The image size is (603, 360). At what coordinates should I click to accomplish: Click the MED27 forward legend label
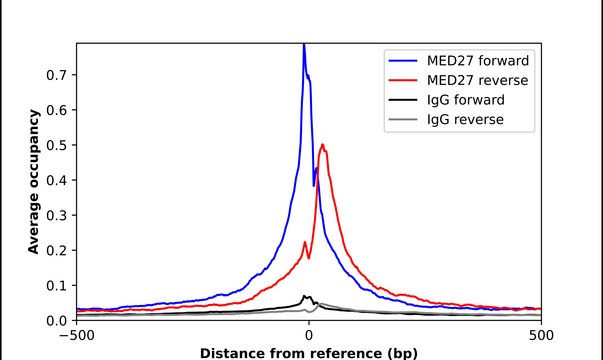(x=478, y=61)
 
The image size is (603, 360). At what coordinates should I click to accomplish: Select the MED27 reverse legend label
(x=477, y=80)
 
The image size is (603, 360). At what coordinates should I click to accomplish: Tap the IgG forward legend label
(x=466, y=100)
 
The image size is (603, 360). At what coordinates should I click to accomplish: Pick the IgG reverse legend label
(x=465, y=120)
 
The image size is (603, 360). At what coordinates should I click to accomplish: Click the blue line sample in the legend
(x=403, y=61)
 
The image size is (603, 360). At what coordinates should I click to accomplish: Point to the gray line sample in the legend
(x=403, y=120)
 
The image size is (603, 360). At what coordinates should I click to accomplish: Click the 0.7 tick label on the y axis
(x=56, y=75)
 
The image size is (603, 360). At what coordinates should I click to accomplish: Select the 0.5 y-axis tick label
(x=56, y=145)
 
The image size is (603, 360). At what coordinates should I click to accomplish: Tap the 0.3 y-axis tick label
(x=56, y=215)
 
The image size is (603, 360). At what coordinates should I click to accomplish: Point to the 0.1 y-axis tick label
(x=56, y=286)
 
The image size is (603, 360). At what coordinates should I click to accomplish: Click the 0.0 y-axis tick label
(x=56, y=320)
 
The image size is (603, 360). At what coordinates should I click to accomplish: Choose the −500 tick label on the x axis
(x=77, y=335)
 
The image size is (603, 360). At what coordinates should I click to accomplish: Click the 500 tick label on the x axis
(x=541, y=335)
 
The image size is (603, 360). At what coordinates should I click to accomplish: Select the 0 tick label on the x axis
(x=309, y=335)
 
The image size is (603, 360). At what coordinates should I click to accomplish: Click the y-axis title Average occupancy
(x=34, y=182)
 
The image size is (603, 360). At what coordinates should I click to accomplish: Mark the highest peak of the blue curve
(x=304, y=45)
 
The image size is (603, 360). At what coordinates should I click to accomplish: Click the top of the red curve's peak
(x=323, y=145)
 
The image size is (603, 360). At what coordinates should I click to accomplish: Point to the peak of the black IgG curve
(x=304, y=296)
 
